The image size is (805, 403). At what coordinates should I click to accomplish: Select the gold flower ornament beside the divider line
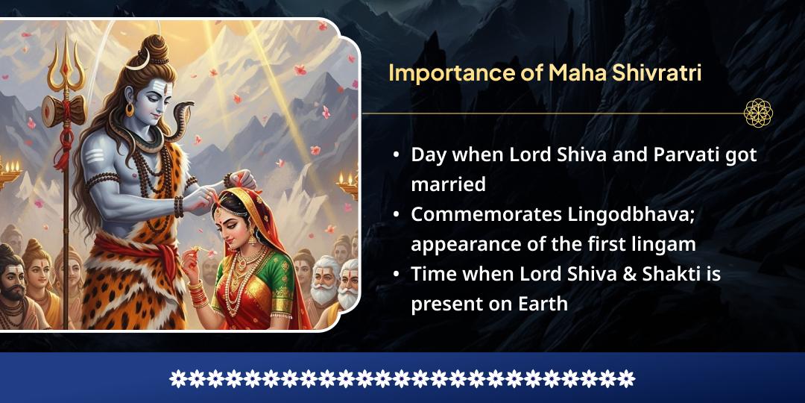(x=758, y=113)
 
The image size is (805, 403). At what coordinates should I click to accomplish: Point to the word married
(x=448, y=184)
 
